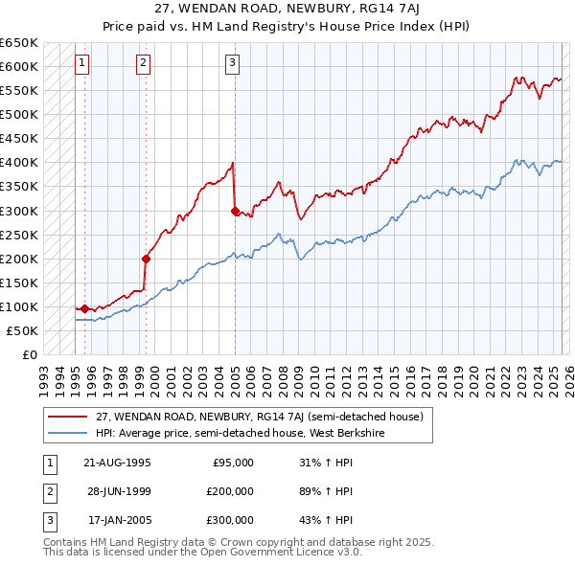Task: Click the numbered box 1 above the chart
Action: (x=82, y=64)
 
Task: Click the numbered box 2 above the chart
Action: (x=143, y=64)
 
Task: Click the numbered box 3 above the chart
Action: (x=232, y=64)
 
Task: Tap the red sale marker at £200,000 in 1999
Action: (x=147, y=258)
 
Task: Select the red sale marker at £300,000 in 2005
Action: (x=235, y=211)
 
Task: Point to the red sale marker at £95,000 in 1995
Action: (x=85, y=308)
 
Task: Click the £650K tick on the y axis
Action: (x=19, y=43)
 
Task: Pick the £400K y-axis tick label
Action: (x=19, y=163)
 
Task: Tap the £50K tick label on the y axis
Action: (x=23, y=330)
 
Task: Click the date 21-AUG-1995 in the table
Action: (x=117, y=463)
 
